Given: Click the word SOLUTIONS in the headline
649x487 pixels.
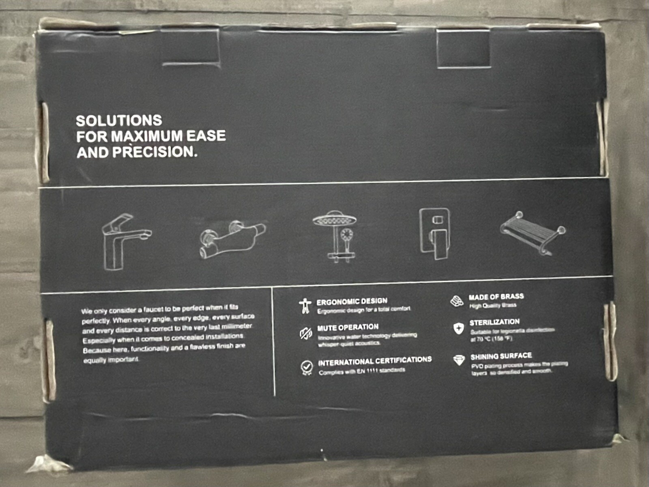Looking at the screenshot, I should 119,121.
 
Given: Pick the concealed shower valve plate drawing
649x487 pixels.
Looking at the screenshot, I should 434,234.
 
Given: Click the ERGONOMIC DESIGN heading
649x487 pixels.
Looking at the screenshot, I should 352,301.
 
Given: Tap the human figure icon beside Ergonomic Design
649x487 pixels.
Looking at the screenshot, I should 305,306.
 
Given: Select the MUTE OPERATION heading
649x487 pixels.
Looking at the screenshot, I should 348,327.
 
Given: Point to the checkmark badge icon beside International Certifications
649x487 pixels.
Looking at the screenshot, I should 307,367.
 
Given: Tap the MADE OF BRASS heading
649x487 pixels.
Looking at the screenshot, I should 496,297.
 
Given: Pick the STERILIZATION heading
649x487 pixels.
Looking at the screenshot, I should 494,322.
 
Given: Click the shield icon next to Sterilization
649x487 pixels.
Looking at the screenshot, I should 458,328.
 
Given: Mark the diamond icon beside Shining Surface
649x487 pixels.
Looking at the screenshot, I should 459,360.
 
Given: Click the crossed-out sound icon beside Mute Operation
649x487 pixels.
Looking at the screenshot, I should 305,334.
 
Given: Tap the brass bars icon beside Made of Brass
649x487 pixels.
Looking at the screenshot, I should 457,301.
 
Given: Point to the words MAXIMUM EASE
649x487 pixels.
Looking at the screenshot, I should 168,136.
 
